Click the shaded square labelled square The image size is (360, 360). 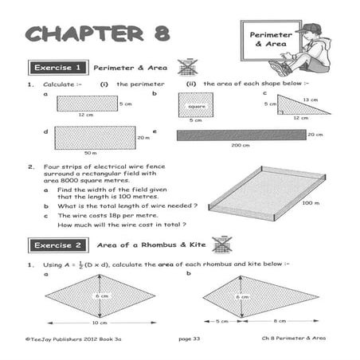pos(195,105)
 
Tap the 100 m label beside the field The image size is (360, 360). pos(307,204)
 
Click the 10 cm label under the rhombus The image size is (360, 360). pos(98,323)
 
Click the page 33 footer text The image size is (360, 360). pos(189,341)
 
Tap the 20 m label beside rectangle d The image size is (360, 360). pos(143,137)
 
